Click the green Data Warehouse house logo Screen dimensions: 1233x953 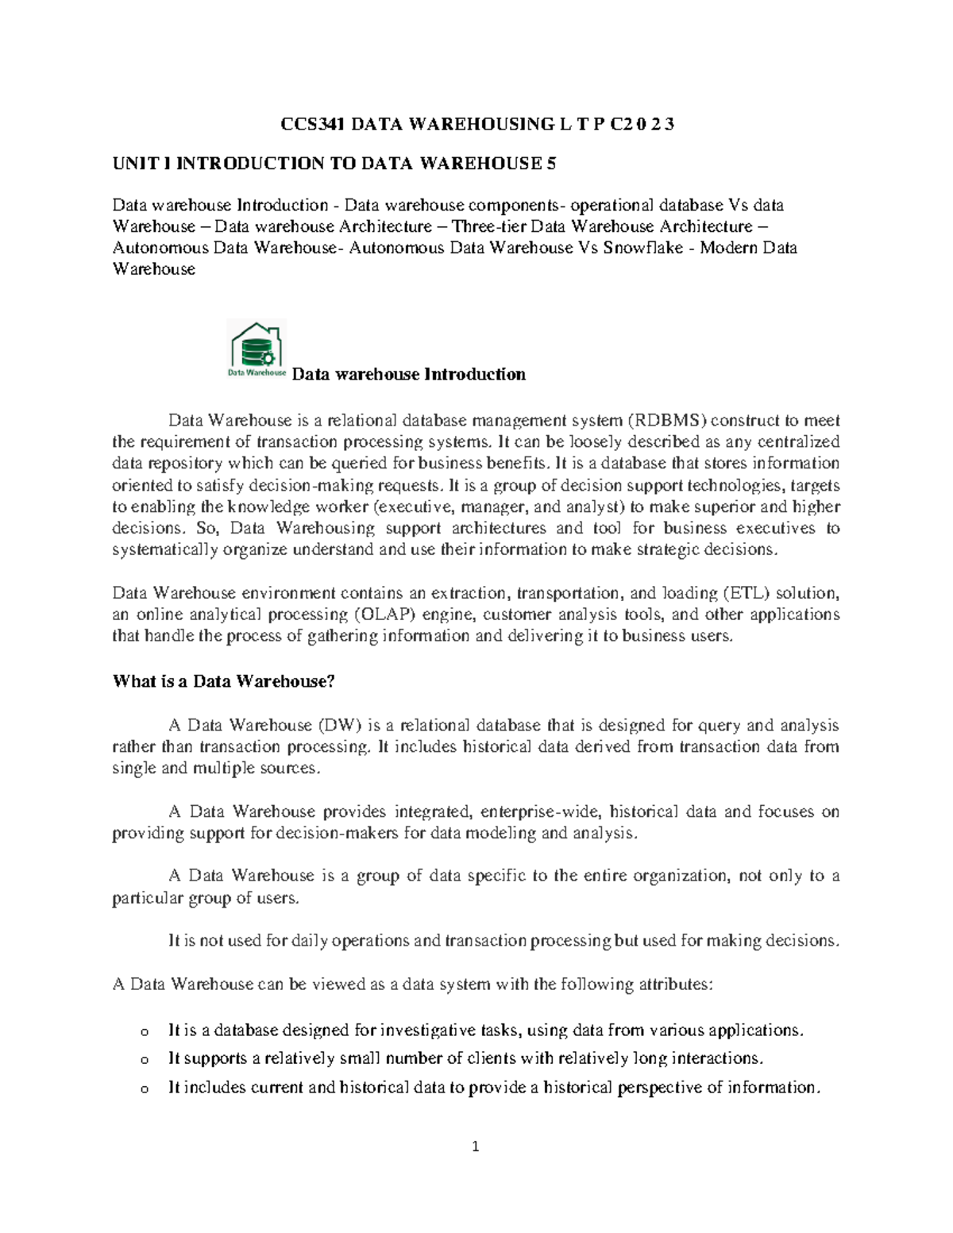(x=257, y=349)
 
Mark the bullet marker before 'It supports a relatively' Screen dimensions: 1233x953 (x=144, y=1060)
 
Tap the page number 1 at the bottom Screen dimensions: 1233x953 (x=476, y=1146)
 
